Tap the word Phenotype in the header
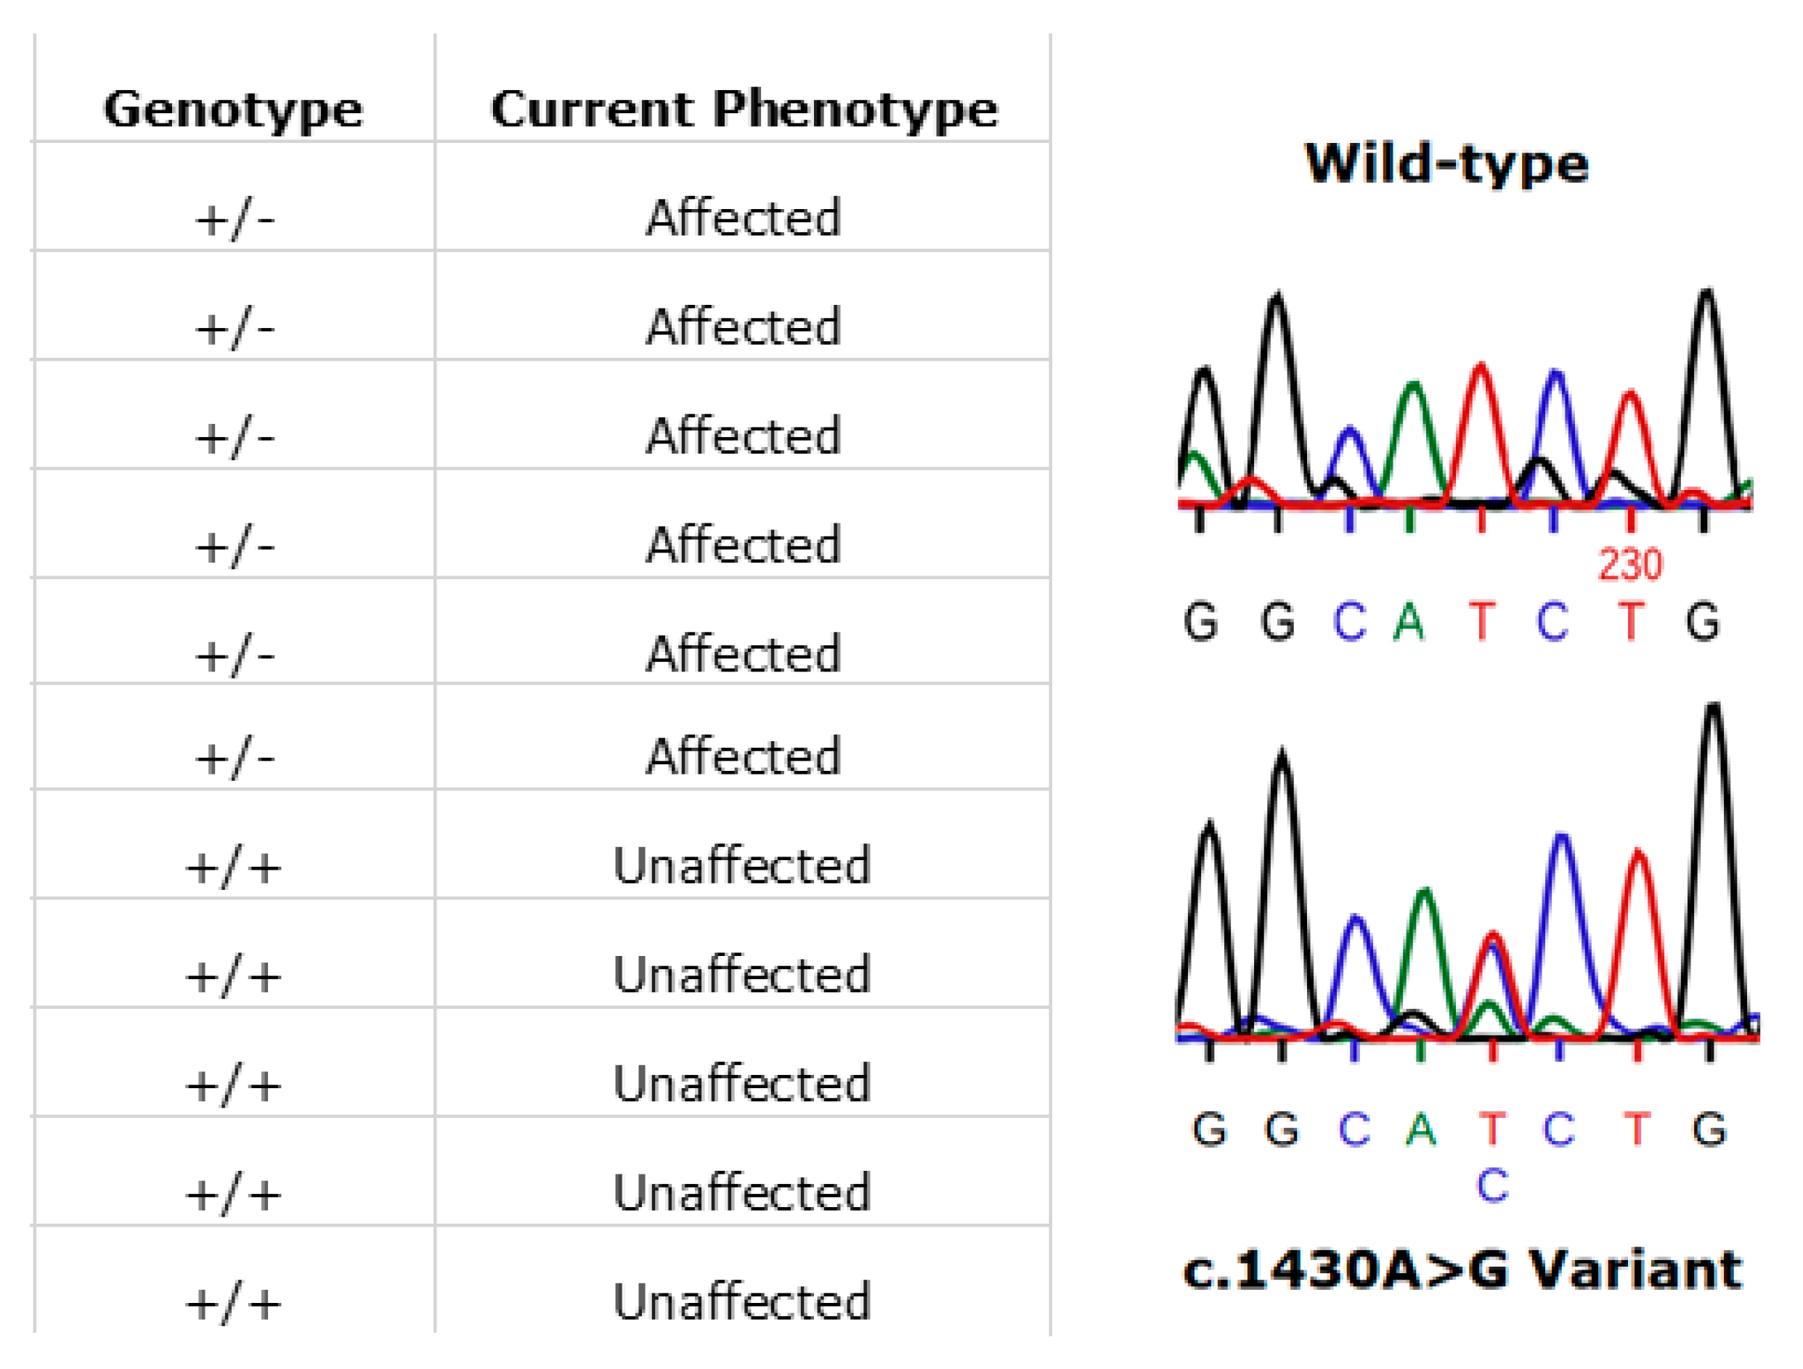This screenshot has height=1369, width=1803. click(x=855, y=111)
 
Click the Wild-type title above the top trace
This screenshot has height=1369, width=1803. click(x=1446, y=163)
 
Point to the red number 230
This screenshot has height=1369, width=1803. click(x=1630, y=565)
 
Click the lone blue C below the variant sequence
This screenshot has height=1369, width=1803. click(x=1492, y=1185)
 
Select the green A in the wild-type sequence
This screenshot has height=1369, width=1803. click(x=1409, y=622)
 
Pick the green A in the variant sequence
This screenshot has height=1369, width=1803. click(x=1421, y=1129)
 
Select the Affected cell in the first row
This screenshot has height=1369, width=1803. click(x=743, y=218)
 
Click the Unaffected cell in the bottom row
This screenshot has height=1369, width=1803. click(x=743, y=1301)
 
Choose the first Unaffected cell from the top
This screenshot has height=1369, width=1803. click(x=743, y=865)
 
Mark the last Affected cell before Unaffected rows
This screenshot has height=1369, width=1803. click(x=743, y=756)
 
